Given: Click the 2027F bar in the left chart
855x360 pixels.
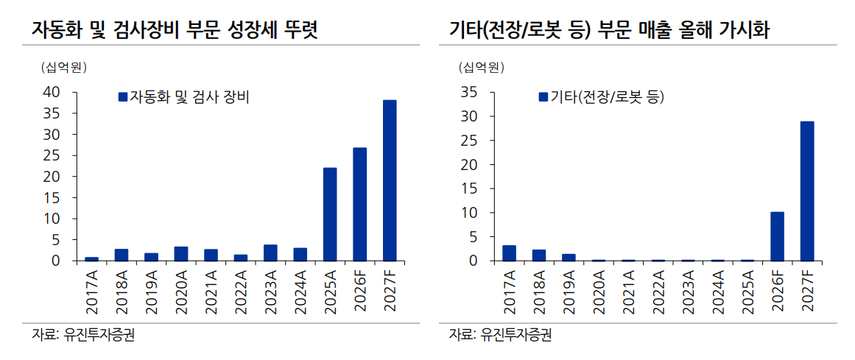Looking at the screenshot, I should click(390, 180).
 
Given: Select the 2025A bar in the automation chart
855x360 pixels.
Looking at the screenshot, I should click(330, 214).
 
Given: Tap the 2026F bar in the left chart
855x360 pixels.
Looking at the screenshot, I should click(360, 205).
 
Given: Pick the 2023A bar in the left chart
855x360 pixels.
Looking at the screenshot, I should click(270, 253).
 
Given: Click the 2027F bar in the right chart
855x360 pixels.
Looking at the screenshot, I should click(807, 191).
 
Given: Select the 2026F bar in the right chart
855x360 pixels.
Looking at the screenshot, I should click(777, 236).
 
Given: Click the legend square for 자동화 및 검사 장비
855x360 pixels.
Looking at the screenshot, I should click(123, 97).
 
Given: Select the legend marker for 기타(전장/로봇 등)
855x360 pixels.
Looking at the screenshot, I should click(543, 97).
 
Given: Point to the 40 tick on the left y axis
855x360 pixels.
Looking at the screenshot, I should click(52, 92).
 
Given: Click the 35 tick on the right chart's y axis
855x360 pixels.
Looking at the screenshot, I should click(469, 92).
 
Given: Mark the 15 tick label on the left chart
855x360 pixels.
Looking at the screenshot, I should click(52, 197).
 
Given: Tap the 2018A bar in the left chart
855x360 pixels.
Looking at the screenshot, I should click(122, 255).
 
